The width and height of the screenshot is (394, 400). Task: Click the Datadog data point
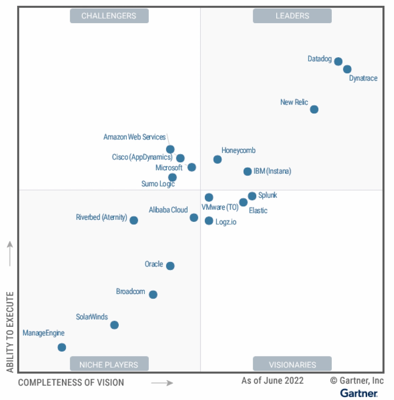pos(338,61)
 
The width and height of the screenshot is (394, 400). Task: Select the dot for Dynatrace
pos(347,69)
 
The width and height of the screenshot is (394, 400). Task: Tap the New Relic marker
pos(314,109)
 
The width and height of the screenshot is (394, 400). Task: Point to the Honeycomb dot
pos(217,159)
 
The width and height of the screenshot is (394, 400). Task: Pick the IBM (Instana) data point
pos(247,171)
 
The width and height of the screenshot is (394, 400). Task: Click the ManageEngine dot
pos(62,347)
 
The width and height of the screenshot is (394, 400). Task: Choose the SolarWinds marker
pos(114,325)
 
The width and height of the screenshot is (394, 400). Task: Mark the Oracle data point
pos(170,266)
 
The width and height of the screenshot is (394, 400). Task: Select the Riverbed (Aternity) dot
pos(134,220)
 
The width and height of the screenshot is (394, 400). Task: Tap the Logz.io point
pos(209,221)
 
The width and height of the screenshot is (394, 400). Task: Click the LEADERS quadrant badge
pos(292,16)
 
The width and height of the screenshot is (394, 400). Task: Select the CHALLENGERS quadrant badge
pos(109,16)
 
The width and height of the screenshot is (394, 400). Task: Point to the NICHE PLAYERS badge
pos(109,364)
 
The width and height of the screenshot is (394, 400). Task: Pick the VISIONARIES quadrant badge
pos(292,364)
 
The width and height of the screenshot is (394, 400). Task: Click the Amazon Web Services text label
pos(134,137)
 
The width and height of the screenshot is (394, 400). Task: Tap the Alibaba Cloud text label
pos(168,210)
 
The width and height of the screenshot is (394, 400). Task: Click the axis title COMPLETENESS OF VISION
pos(71,383)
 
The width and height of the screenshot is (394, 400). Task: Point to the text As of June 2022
pos(272,381)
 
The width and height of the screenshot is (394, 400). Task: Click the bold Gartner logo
pos(359,393)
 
